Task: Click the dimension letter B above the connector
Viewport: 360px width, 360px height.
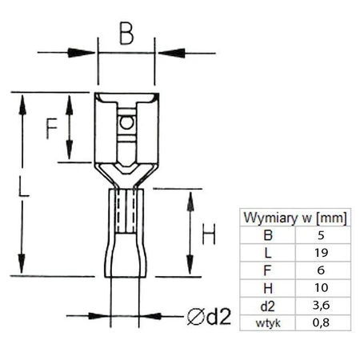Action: [126, 34]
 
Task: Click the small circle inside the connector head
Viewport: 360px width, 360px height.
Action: [125, 124]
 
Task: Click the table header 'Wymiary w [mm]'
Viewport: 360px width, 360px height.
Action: [294, 218]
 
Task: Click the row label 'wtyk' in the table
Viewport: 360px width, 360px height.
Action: [268, 322]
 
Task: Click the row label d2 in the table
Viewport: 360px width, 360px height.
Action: [268, 305]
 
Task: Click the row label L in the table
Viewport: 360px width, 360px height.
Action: [268, 252]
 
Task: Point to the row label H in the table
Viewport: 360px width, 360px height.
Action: [268, 287]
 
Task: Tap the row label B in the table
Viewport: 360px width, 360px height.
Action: [268, 235]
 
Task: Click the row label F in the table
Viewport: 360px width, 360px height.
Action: [268, 270]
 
